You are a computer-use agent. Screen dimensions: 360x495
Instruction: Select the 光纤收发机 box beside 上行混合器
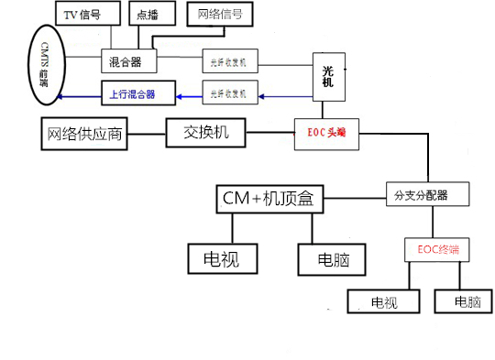(231, 93)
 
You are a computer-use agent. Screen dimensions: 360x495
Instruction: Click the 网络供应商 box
(82, 134)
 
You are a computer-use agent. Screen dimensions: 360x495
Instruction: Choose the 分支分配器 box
(427, 195)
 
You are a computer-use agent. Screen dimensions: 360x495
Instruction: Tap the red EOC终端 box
(435, 248)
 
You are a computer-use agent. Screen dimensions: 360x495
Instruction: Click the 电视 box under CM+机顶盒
(219, 259)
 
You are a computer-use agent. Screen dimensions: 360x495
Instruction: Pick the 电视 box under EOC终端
(383, 301)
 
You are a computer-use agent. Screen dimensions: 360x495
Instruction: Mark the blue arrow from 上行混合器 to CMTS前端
(82, 93)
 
